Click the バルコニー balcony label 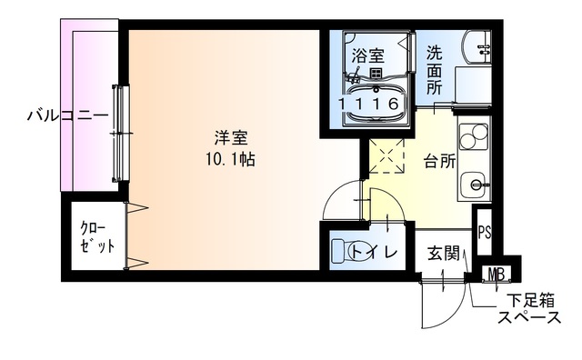(x=66, y=115)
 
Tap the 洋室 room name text (x=231, y=138)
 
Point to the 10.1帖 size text (x=231, y=157)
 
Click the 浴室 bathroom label (x=368, y=55)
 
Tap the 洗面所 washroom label (x=436, y=71)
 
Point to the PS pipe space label (x=485, y=231)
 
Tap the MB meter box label (x=496, y=274)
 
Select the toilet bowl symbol (x=344, y=250)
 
